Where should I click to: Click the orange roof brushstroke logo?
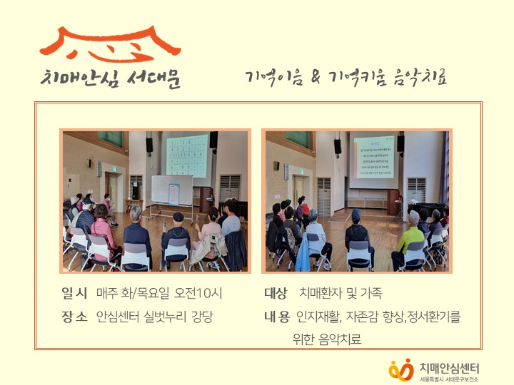(109, 43)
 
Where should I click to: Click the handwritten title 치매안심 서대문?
(110, 78)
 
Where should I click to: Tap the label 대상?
(276, 293)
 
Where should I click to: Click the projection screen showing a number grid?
(187, 155)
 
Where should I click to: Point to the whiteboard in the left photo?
(171, 190)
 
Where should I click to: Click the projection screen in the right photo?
(373, 158)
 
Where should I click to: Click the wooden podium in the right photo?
(393, 201)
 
